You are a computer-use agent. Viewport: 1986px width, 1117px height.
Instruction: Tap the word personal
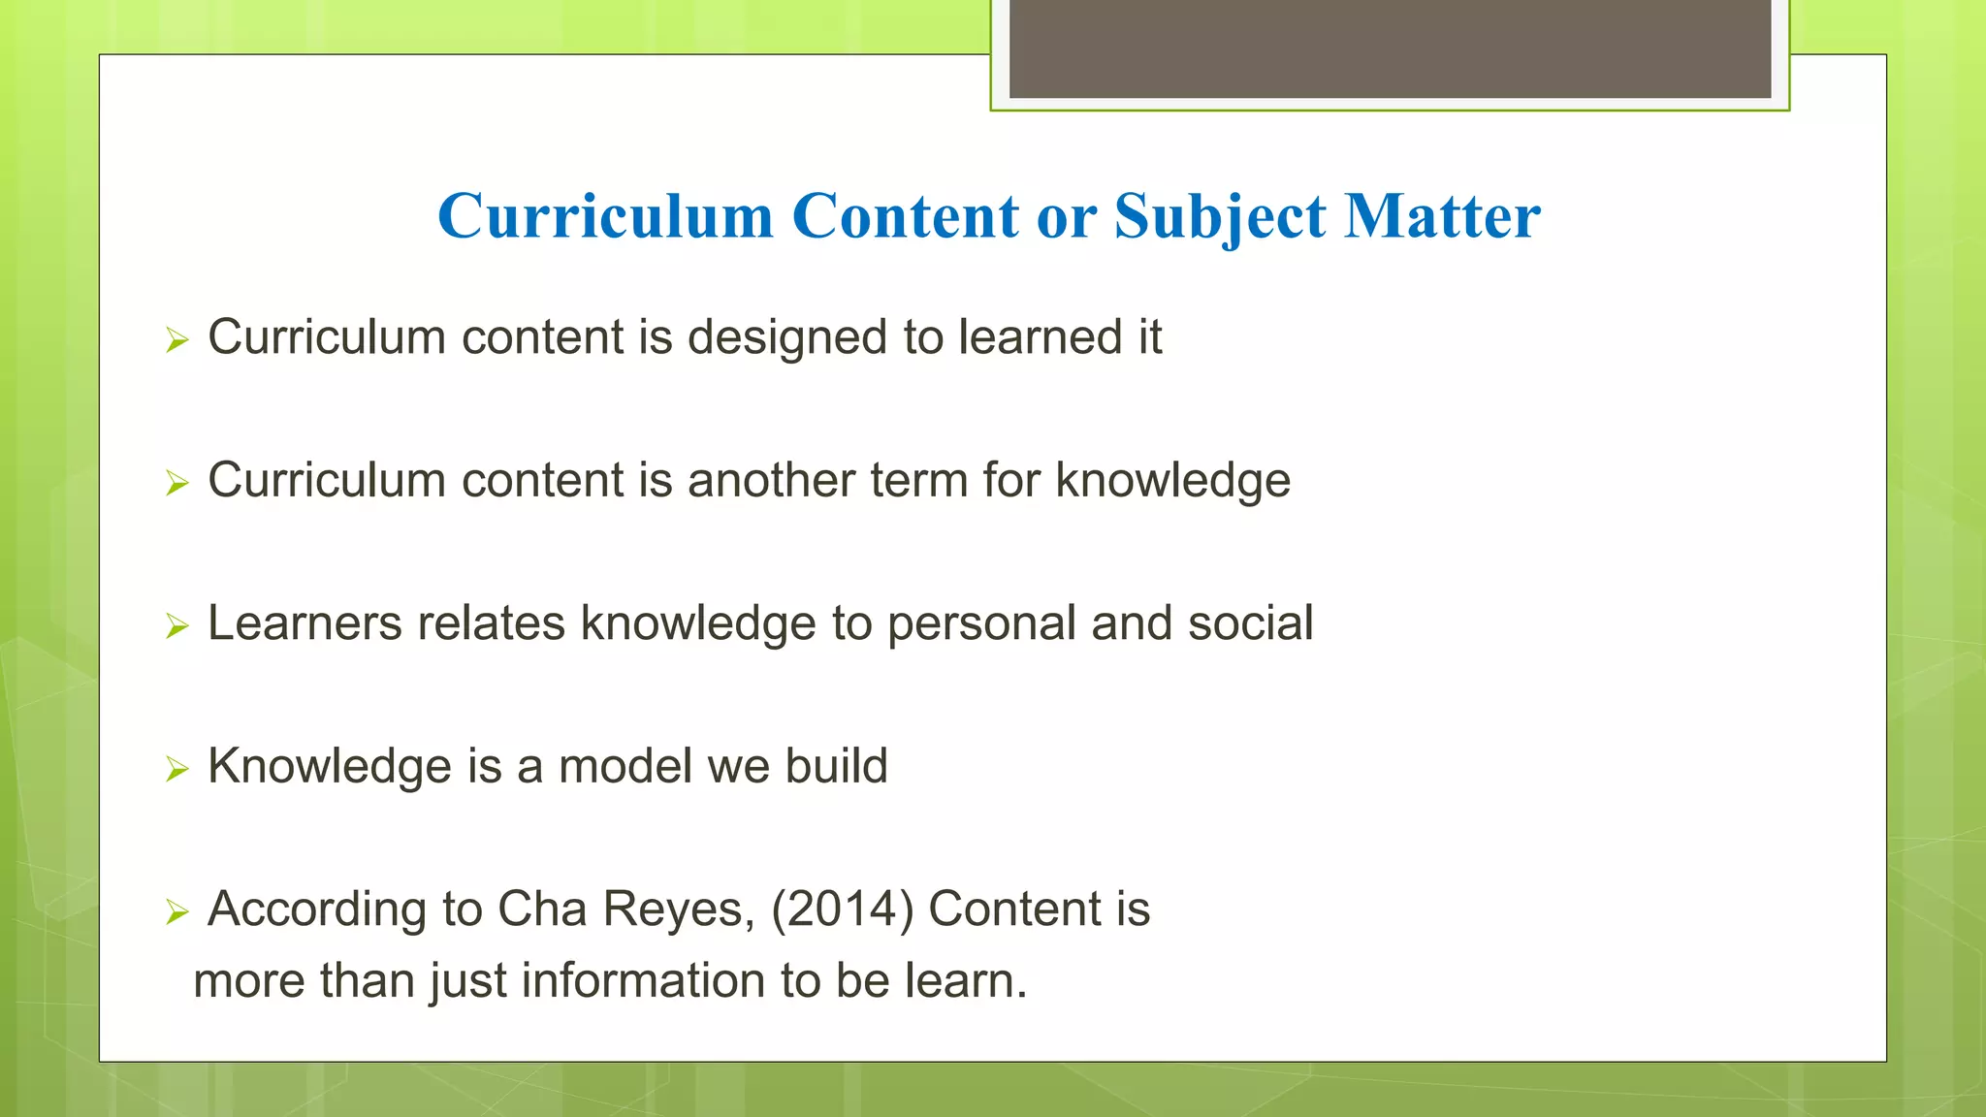[x=981, y=624]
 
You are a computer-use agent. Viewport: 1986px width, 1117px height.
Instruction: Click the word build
[x=836, y=766]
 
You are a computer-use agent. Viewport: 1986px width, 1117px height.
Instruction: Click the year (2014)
[x=842, y=910]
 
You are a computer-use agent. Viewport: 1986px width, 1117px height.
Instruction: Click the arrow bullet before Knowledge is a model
[x=176, y=770]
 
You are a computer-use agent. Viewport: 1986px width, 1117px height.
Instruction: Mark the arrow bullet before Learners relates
[x=176, y=626]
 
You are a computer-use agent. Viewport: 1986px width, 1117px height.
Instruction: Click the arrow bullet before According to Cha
[x=176, y=912]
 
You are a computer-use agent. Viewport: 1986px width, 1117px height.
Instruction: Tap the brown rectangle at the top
[x=1390, y=48]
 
